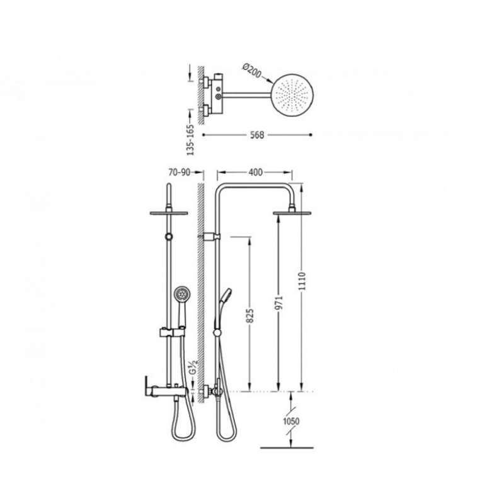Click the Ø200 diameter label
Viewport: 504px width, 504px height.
(x=252, y=71)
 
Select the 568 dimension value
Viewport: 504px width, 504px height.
(x=257, y=135)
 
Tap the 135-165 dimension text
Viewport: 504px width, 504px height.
(x=191, y=140)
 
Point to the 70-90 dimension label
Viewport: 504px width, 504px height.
(x=179, y=173)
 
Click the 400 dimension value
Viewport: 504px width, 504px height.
(x=256, y=173)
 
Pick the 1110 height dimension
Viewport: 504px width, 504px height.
(x=302, y=281)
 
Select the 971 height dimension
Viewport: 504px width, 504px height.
(x=279, y=303)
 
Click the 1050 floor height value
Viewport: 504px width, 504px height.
(x=291, y=421)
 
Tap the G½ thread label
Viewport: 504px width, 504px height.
(x=193, y=367)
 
